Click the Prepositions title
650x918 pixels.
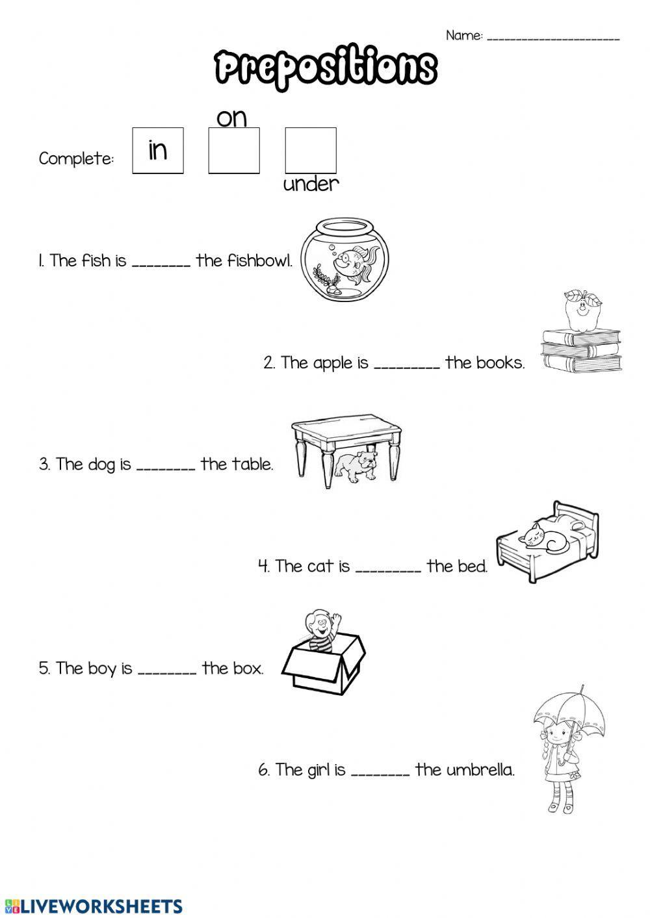(x=325, y=68)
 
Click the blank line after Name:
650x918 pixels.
(x=552, y=38)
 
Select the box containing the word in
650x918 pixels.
(x=158, y=151)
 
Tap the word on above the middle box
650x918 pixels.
(x=232, y=118)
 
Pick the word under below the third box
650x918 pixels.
(x=311, y=184)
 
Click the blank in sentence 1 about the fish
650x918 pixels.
(x=161, y=263)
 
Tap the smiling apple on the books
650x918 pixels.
(x=583, y=311)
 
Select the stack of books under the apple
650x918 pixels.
(x=580, y=351)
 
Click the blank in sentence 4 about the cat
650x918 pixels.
(x=389, y=568)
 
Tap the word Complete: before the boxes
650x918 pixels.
(x=76, y=159)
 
